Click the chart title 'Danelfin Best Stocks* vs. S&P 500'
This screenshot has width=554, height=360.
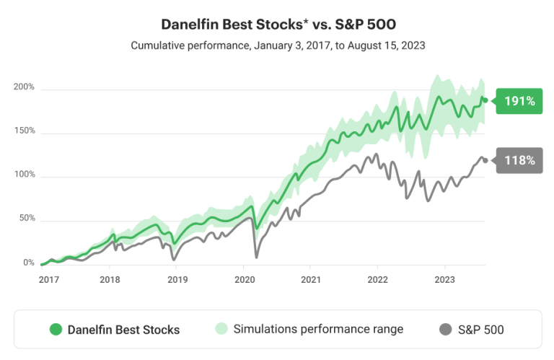click(278, 25)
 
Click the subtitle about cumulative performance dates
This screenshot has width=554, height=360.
click(278, 45)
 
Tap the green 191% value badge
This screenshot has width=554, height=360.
click(519, 101)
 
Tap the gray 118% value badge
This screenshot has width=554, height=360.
click(519, 160)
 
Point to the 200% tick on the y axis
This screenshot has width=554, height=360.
click(24, 87)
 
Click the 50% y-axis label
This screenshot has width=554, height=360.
click(26, 219)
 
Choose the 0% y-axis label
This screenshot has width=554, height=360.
click(28, 263)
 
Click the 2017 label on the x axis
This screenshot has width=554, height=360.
click(49, 279)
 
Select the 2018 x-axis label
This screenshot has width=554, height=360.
click(110, 279)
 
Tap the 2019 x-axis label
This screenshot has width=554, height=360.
click(177, 279)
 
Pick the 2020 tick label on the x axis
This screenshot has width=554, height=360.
click(245, 279)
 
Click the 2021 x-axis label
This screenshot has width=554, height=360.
click(311, 279)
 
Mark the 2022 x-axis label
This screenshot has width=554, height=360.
click(377, 279)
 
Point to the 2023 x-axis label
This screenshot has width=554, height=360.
click(445, 279)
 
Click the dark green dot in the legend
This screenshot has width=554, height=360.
click(56, 330)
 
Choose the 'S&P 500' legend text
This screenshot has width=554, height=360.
click(480, 330)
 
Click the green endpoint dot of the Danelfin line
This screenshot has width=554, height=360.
click(485, 100)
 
